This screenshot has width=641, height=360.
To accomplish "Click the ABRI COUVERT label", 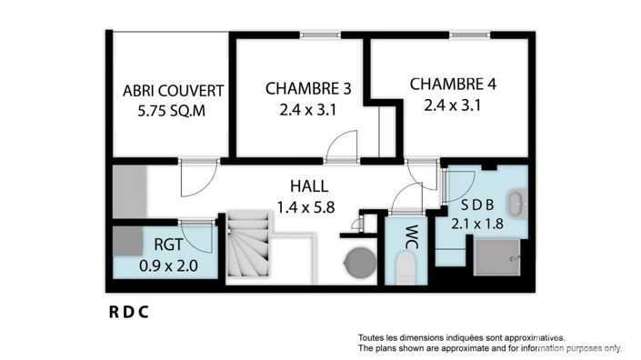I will tap(174, 91).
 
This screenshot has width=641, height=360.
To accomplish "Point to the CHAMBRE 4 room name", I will tap(453, 85).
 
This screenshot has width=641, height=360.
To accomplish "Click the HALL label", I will tap(305, 185).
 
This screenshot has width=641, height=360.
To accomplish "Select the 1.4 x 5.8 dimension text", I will tap(305, 206).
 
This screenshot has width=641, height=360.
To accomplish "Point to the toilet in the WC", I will tap(406, 266).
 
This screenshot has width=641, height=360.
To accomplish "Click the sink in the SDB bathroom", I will tap(515, 202).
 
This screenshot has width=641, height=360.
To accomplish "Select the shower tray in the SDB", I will tap(496, 256).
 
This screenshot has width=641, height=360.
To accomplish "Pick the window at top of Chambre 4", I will tap(467, 35).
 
